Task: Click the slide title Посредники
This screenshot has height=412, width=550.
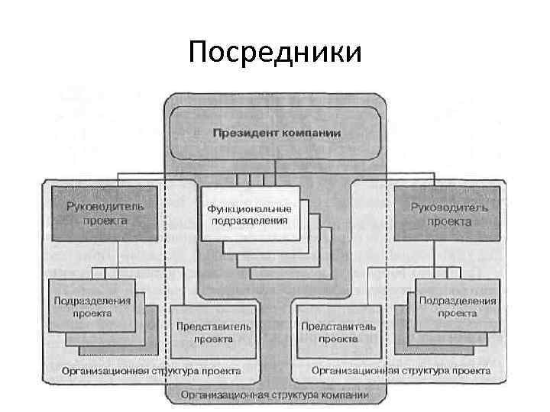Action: tap(275, 53)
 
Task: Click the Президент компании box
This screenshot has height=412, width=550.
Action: tap(277, 132)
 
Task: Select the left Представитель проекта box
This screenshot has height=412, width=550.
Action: tap(213, 331)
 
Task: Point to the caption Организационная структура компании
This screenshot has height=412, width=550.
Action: tap(275, 395)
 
